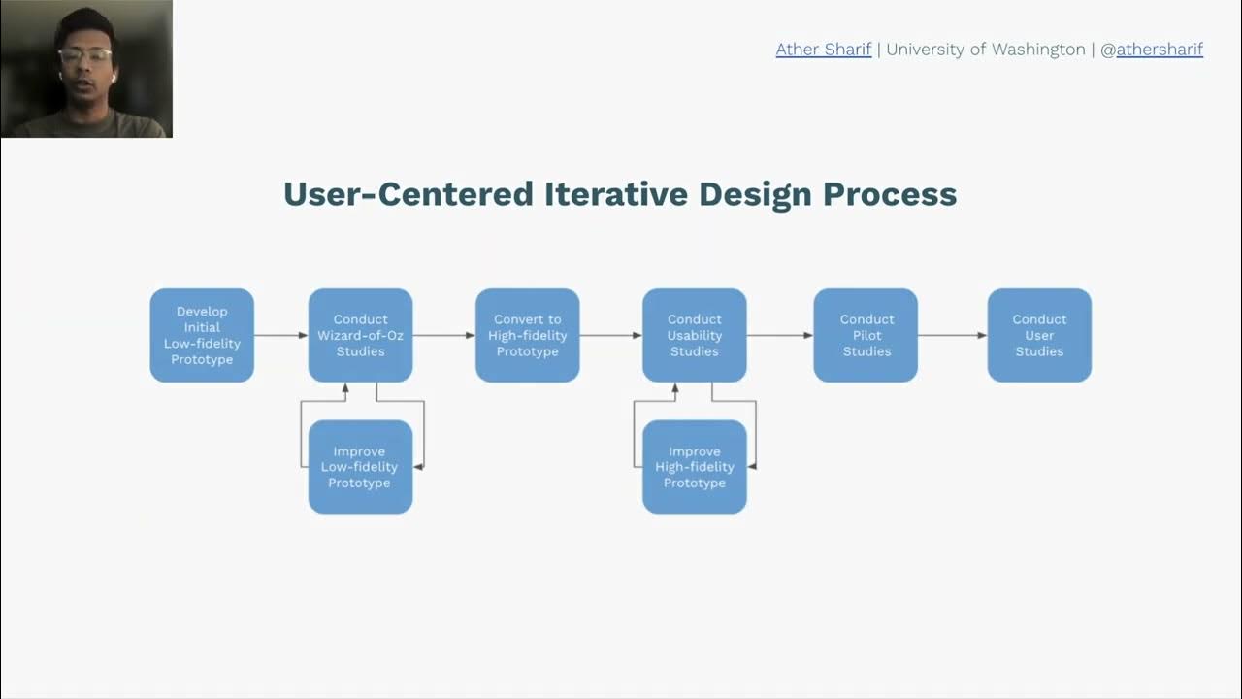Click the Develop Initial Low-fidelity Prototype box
click(202, 335)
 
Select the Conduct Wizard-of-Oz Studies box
click(360, 335)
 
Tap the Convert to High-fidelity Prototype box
click(527, 335)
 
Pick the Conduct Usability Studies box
click(694, 335)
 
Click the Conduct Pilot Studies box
click(866, 335)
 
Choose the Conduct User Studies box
click(1039, 335)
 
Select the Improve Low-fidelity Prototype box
click(360, 467)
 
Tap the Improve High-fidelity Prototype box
click(694, 467)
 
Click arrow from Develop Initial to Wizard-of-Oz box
click(280, 335)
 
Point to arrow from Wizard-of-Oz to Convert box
click(443, 335)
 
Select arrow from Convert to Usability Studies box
click(610, 335)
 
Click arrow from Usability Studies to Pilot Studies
click(779, 335)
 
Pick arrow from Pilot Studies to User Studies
click(952, 335)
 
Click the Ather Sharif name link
click(823, 50)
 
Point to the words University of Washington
click(985, 50)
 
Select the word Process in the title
click(890, 194)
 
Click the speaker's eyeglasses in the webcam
click(84, 56)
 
